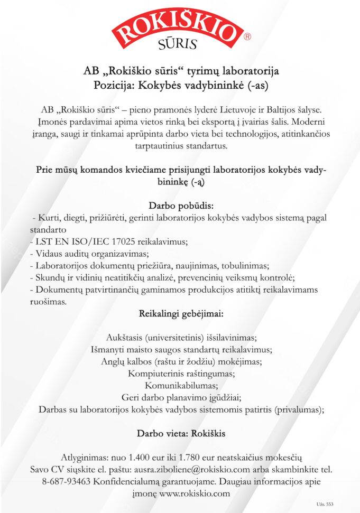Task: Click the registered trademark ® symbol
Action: (247, 38)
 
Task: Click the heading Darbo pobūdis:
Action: (179, 204)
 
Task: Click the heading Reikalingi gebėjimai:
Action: (180, 314)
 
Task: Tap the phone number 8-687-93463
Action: (66, 481)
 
